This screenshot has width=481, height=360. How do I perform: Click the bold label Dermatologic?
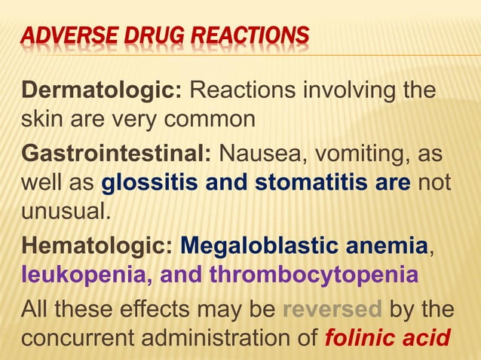point(103,92)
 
